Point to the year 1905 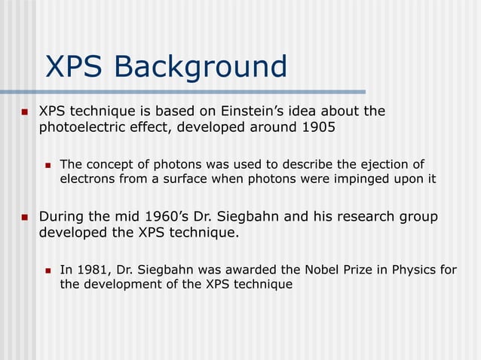click(x=319, y=127)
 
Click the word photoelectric click(x=77, y=127)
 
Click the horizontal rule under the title click(x=188, y=92)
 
